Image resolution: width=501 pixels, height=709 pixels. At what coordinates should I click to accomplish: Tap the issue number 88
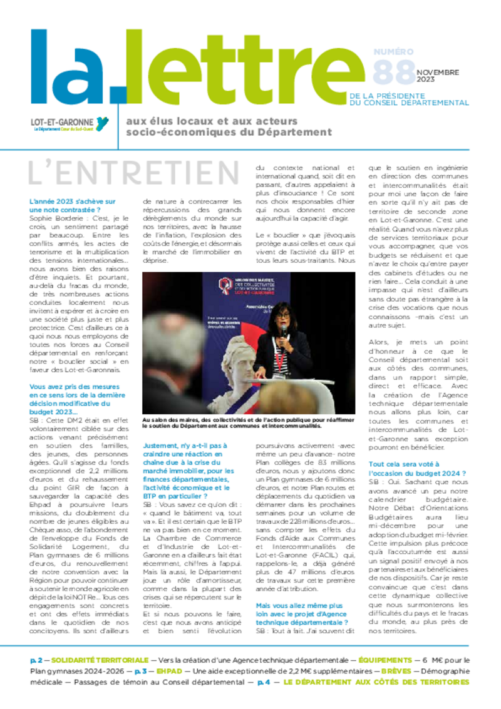click(393, 72)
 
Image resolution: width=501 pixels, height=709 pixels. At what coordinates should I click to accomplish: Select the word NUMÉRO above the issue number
click(393, 51)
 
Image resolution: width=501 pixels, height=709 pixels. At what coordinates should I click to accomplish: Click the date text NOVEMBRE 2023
click(437, 76)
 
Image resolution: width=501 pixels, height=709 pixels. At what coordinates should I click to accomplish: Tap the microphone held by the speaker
click(283, 329)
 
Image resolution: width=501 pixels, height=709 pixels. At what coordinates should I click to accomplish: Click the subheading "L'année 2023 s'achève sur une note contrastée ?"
click(73, 206)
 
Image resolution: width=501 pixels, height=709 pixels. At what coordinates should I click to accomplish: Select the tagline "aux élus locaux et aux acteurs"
click(212, 121)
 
